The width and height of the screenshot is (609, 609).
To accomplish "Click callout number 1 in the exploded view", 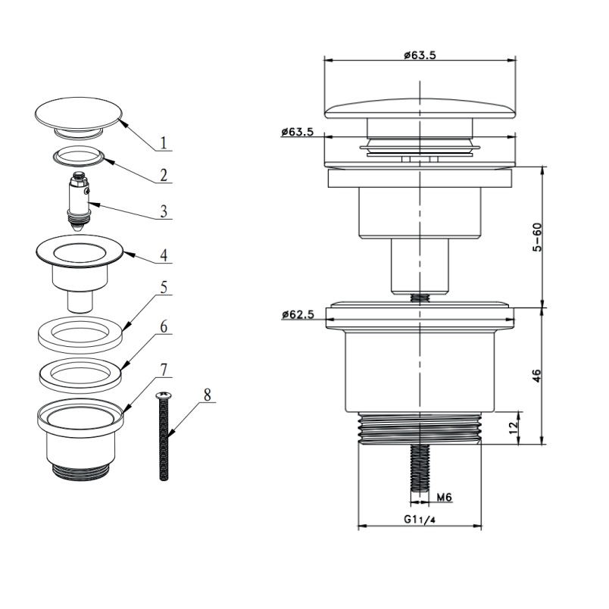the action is click(x=164, y=142).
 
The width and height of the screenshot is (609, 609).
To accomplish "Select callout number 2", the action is click(x=164, y=175).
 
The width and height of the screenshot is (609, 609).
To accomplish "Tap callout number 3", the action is click(x=164, y=211).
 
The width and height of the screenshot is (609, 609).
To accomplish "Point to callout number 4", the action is click(x=164, y=255).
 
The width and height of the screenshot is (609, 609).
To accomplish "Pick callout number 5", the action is click(x=164, y=288).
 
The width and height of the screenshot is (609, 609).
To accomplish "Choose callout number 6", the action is click(x=164, y=326).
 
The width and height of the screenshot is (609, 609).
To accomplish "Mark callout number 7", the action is click(x=164, y=370).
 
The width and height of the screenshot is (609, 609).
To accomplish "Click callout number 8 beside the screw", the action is click(x=207, y=395).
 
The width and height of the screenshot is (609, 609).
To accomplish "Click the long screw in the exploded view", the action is click(x=164, y=436).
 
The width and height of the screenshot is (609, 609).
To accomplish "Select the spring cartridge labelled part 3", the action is click(x=80, y=202).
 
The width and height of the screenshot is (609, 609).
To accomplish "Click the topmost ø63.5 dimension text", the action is click(x=420, y=55).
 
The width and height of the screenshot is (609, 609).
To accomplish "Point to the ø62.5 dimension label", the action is click(x=298, y=314).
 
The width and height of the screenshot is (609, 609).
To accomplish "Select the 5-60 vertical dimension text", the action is click(x=537, y=237).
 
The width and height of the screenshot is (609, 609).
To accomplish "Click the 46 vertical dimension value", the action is click(x=536, y=376).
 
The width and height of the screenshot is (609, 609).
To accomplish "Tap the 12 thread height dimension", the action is click(x=514, y=427).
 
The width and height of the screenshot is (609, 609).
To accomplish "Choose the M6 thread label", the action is click(x=445, y=497).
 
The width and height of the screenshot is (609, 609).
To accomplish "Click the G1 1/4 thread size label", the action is click(x=419, y=520).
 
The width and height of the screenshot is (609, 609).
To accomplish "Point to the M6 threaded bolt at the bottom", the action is click(x=420, y=468).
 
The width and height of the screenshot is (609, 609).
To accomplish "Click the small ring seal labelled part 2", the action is click(x=80, y=157).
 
